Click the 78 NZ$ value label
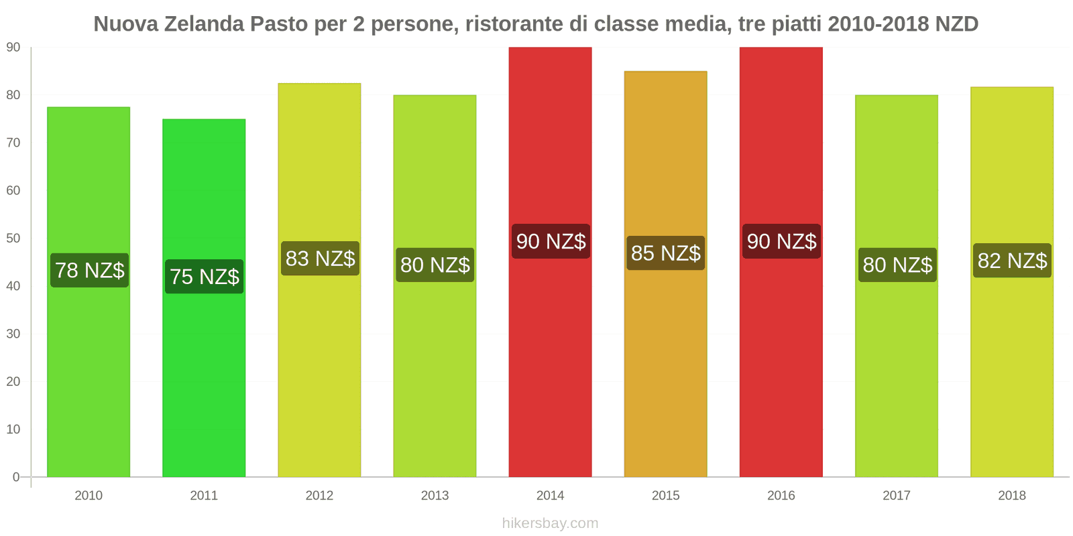click(89, 270)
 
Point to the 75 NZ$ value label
click(205, 277)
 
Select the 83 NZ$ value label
click(320, 259)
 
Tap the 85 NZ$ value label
click(665, 253)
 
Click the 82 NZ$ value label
click(1012, 261)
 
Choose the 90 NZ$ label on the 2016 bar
click(781, 241)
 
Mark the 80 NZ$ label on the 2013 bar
click(435, 265)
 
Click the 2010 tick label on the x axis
click(89, 496)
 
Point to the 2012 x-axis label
click(319, 496)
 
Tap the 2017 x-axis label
click(897, 496)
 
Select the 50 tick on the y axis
click(13, 239)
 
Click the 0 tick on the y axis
click(16, 477)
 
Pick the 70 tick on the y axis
click(13, 143)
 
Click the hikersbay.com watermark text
click(550, 523)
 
